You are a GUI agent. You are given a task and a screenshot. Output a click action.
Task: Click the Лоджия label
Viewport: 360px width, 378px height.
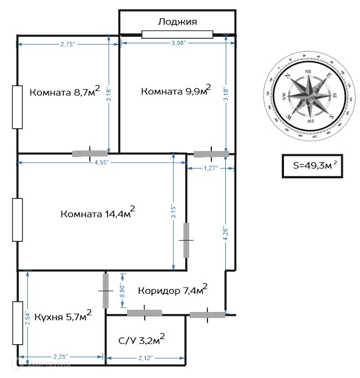(x=178, y=22)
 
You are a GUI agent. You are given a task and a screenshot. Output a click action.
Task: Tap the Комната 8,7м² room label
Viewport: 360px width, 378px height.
(x=64, y=92)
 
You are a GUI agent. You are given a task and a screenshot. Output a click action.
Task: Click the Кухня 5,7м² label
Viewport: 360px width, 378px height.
(x=62, y=316)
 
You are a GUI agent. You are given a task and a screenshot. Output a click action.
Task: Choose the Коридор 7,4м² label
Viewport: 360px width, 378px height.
(x=173, y=290)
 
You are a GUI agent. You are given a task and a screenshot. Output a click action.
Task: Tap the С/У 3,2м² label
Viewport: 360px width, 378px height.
(x=142, y=340)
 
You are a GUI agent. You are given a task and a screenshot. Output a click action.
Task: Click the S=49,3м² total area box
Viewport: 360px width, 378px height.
(x=314, y=166)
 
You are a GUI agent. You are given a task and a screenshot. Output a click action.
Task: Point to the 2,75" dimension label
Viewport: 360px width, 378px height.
(x=68, y=43)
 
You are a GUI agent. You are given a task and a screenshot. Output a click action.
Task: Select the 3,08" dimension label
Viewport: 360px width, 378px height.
(x=178, y=43)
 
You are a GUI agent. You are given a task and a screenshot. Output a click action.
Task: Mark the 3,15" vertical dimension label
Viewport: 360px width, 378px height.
(x=174, y=211)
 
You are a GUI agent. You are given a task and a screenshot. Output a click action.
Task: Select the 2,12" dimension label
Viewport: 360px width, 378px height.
(x=146, y=357)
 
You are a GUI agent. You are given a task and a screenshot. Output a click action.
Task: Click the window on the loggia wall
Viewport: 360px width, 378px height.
(x=178, y=34)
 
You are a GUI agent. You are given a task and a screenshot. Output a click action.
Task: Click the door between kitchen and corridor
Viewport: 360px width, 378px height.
(x=105, y=290)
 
